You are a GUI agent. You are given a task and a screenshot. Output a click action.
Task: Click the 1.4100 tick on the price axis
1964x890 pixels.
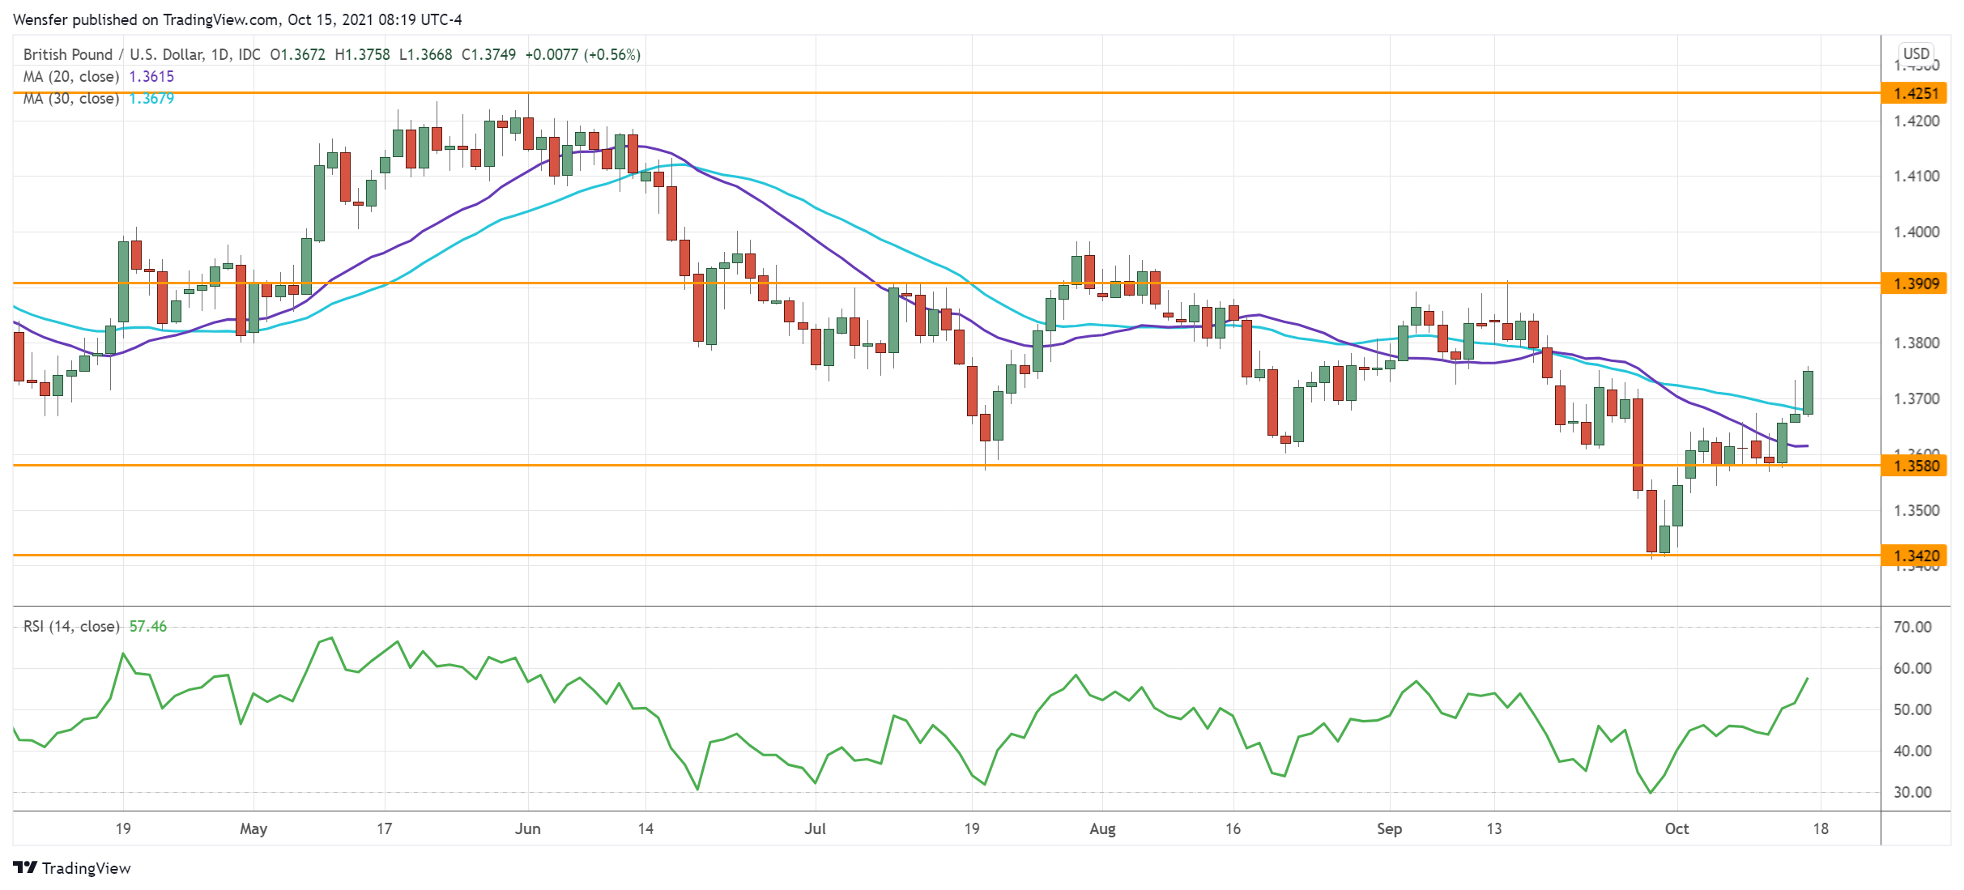(x=1916, y=176)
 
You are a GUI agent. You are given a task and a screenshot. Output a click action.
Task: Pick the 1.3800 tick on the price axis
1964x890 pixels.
(x=1916, y=343)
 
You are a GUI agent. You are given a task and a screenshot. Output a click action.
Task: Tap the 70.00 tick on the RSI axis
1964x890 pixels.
(x=1912, y=627)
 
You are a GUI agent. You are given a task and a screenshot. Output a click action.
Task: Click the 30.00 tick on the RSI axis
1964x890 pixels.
(x=1912, y=792)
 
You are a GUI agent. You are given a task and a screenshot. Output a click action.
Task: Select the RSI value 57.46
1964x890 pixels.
(x=148, y=626)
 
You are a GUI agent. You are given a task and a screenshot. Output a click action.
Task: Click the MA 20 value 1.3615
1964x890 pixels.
(x=151, y=76)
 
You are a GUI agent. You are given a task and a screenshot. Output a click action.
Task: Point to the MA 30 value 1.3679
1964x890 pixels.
(x=151, y=98)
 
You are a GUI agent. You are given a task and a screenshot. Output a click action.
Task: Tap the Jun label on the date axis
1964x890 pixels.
(x=527, y=828)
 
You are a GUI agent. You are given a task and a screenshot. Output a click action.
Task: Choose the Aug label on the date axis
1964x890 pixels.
(x=1102, y=828)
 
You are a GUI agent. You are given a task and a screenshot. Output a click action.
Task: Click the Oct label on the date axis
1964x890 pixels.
(x=1676, y=828)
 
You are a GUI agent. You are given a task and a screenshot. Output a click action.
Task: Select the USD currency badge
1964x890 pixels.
(x=1916, y=53)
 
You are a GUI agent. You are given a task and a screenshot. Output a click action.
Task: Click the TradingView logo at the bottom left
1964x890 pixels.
(x=72, y=867)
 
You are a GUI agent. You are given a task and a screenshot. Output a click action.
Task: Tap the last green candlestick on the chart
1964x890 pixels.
(x=1808, y=392)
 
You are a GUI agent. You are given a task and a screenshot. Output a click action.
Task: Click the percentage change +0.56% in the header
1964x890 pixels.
(x=613, y=54)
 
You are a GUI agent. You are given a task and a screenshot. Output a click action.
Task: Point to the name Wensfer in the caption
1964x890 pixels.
(x=40, y=19)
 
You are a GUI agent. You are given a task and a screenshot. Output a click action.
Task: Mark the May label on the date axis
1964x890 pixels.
(x=253, y=828)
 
